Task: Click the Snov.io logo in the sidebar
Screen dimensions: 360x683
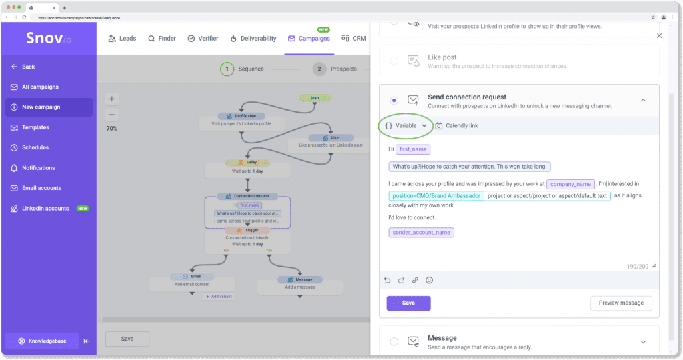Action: tap(48, 38)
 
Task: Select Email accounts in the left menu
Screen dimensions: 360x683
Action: tap(41, 188)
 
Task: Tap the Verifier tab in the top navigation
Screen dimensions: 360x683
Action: tap(203, 39)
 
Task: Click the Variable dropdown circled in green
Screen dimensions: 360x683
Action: tap(405, 125)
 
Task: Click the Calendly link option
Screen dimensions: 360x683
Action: tap(457, 125)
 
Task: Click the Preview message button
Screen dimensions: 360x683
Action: tap(620, 303)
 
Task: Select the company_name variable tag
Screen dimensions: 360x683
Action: tap(570, 184)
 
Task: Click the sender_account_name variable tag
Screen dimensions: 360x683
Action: tap(421, 233)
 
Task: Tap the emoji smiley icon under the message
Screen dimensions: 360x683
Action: tap(429, 280)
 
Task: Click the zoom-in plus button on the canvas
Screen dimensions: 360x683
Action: tap(112, 99)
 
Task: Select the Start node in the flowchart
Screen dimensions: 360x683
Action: tap(315, 98)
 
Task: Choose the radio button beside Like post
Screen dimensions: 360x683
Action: tap(394, 61)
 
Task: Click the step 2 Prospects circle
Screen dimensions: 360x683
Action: tap(319, 69)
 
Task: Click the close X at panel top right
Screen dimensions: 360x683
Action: tap(659, 36)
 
